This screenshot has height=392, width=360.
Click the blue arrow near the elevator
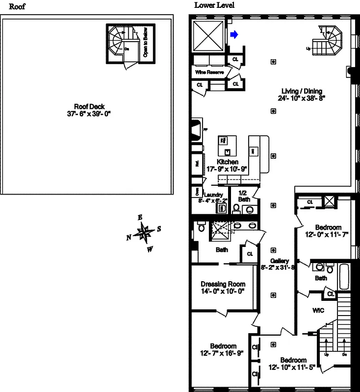click(x=234, y=34)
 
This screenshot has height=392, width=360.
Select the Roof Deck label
click(x=89, y=106)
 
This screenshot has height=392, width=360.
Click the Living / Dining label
click(x=302, y=91)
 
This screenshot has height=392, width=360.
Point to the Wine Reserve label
click(x=209, y=73)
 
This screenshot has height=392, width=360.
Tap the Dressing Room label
click(x=223, y=284)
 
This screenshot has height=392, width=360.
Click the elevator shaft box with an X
click(x=208, y=35)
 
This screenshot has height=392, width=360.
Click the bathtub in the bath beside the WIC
click(x=343, y=277)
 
